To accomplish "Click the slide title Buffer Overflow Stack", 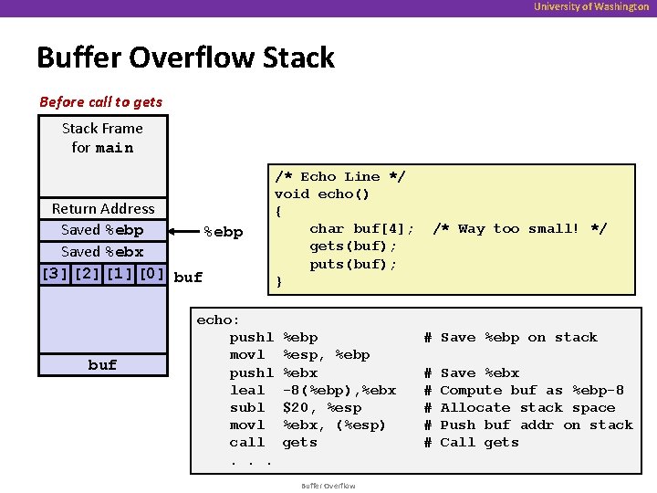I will pos(185,58).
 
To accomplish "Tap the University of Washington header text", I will pos(591,7).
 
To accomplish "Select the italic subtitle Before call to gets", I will pos(100,101).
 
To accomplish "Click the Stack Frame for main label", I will pos(102,138).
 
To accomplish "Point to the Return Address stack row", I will pos(103,209).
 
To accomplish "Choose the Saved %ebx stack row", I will pos(102,252).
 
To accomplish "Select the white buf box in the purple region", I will pos(102,364).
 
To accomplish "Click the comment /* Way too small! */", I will pos(519,229).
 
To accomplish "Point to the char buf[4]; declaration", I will pos(362,229).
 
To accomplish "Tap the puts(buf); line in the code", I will pos(353,265).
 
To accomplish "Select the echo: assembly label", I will pos(218,320).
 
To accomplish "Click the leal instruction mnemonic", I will pos(247,391).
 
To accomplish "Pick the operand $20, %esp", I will pos(322,408).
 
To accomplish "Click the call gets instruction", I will pos(273,443).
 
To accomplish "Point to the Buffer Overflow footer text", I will pos(328,486).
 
